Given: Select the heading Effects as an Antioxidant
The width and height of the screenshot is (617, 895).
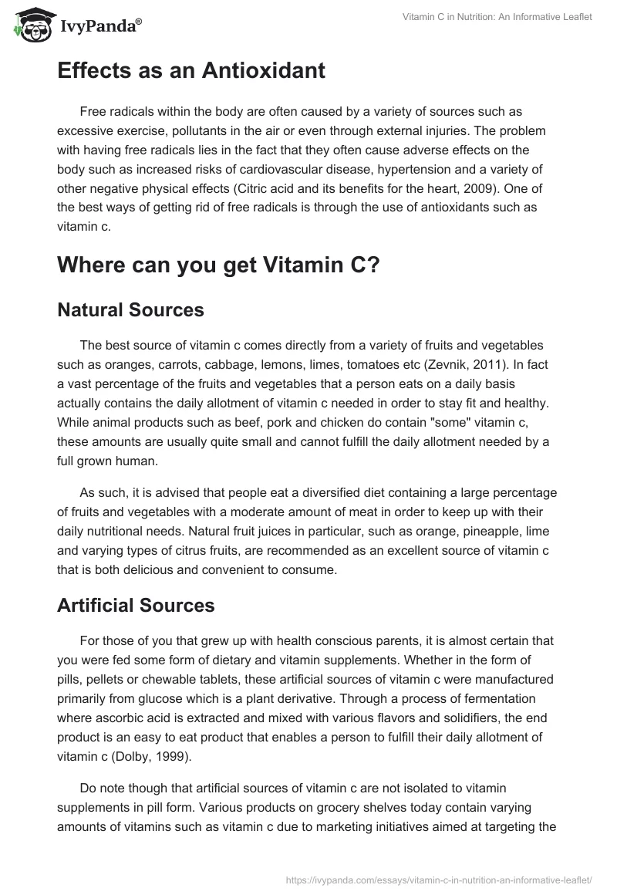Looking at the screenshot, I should click(191, 71).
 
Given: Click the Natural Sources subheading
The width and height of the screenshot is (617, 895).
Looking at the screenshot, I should click(130, 310).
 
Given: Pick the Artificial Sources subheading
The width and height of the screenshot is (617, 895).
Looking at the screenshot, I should click(136, 606).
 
